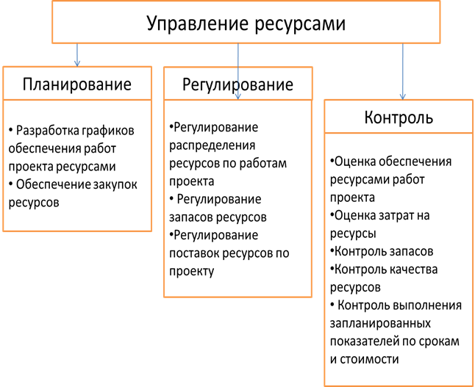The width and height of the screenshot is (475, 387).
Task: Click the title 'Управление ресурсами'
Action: pos(246,23)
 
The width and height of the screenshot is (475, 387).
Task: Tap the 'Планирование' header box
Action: pos(77,84)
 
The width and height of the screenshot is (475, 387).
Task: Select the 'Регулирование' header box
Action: pos(238,84)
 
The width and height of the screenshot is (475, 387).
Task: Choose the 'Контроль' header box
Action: pos(399,117)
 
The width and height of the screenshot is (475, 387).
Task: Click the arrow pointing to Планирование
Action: pos(77,55)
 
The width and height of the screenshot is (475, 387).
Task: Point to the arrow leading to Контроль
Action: pos(403,71)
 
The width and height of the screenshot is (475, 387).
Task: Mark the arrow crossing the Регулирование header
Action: pos(238,71)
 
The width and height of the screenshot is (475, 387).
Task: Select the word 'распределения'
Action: pos(212,145)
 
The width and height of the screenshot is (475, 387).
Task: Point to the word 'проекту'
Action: pos(191,271)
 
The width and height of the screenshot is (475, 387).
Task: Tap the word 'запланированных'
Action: pos(380,323)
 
